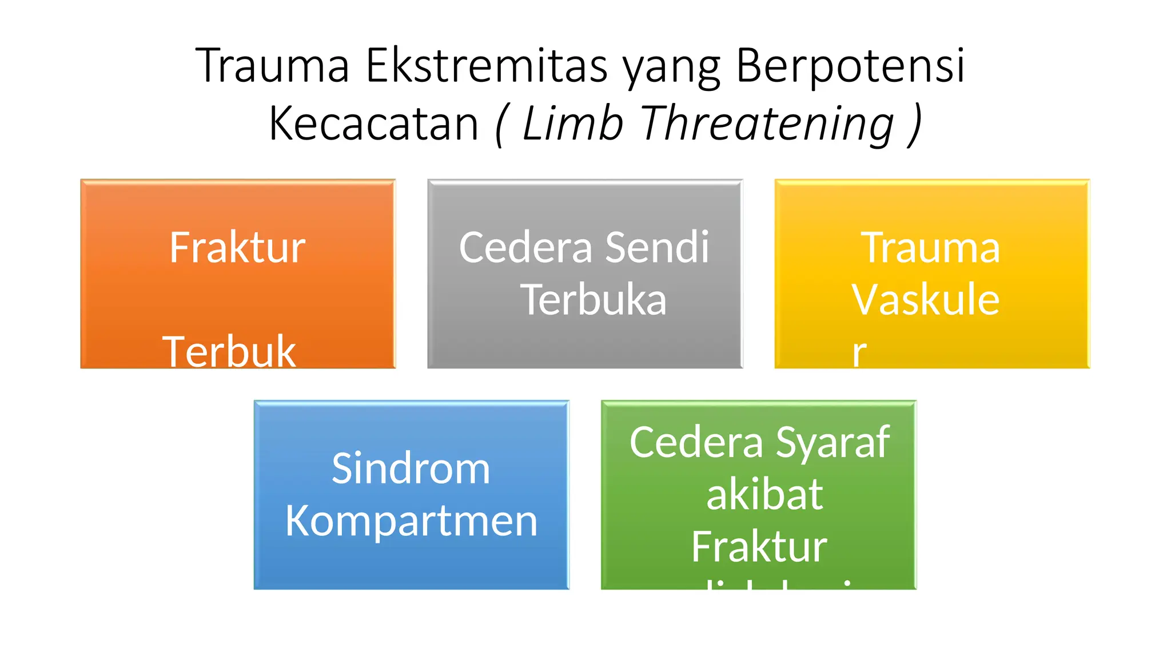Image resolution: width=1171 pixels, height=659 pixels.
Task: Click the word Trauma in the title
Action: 272,66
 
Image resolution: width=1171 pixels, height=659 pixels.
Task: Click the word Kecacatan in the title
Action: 373,124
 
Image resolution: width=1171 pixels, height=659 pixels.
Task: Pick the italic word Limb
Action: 572,124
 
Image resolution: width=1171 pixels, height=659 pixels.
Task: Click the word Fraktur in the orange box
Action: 237,248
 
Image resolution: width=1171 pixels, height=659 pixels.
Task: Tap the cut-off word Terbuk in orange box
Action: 229,351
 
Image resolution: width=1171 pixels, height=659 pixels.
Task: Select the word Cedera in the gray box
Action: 525,248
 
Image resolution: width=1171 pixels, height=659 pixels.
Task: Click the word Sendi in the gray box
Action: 657,248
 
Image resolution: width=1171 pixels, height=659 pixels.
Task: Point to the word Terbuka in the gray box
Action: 594,300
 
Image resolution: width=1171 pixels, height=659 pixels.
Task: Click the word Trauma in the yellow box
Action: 931,248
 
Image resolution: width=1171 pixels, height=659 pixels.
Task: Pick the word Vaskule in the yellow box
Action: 925,300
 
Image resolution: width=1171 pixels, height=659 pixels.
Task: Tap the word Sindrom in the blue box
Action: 411,469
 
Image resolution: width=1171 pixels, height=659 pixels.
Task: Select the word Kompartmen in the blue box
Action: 411,521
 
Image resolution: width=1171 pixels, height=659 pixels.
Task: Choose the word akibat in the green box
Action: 764,494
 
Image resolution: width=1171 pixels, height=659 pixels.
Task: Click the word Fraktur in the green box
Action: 759,546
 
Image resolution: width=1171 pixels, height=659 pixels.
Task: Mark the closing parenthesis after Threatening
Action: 915,124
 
